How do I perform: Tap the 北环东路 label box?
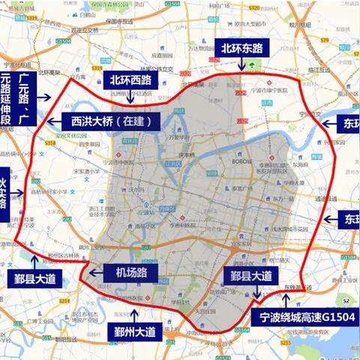click(241, 48)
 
